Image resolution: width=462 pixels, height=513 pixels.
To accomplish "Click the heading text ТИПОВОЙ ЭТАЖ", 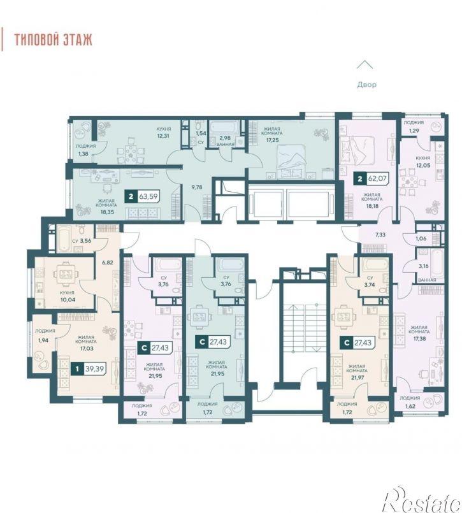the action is tap(54, 40).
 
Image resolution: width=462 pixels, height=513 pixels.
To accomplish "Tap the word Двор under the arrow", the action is tap(366, 85).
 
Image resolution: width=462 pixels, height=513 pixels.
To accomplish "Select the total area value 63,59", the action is tap(148, 196).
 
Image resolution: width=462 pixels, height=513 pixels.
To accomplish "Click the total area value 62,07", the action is tap(377, 178).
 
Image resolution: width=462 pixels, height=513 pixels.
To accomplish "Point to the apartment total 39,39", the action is tap(94, 369).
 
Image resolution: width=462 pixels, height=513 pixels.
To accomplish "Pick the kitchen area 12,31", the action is tap(163, 136).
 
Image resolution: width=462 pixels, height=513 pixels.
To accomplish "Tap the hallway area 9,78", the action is tap(197, 187).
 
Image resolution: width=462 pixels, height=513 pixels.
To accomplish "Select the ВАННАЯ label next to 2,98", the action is tap(226, 144).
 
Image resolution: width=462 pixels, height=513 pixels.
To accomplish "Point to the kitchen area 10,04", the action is tap(67, 300).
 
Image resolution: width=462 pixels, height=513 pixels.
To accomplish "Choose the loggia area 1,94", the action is tap(43, 340).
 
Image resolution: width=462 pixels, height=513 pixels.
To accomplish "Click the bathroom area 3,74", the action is tap(370, 285).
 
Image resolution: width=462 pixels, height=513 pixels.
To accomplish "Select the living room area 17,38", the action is tap(419, 338).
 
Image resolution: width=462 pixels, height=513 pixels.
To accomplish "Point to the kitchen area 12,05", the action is tap(423, 165).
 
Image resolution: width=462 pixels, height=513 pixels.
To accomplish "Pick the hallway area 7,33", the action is tap(380, 235).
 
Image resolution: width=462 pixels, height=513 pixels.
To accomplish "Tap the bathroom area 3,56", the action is tap(85, 240).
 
